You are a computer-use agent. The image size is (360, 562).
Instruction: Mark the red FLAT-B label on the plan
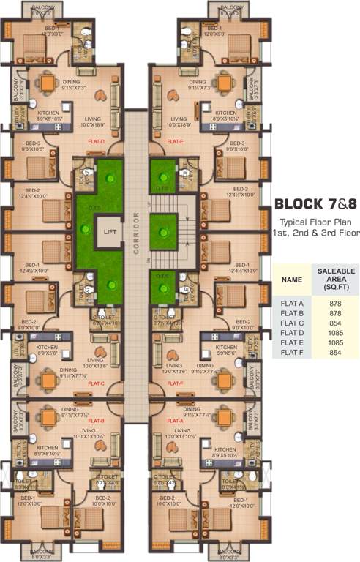(x=96, y=421)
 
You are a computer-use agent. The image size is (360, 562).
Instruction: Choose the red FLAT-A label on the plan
(x=175, y=421)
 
